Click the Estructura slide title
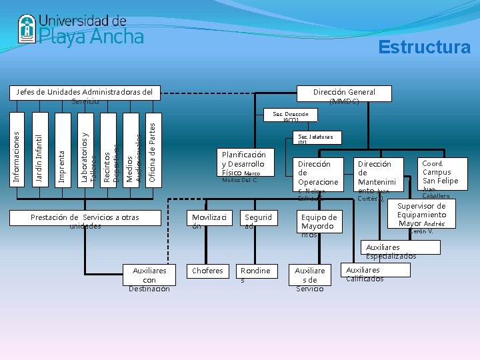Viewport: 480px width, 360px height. coord(424,47)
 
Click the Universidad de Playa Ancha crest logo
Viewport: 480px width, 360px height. coord(26,28)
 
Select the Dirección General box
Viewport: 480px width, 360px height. coord(344,93)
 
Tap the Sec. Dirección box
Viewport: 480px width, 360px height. coord(290,115)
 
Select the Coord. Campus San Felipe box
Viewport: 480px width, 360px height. coord(441,175)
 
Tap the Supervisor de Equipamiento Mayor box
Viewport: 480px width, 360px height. coord(421,215)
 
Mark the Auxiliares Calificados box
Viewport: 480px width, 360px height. coord(375,270)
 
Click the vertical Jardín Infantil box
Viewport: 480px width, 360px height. coord(39,151)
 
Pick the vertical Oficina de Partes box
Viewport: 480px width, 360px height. coord(152,151)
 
